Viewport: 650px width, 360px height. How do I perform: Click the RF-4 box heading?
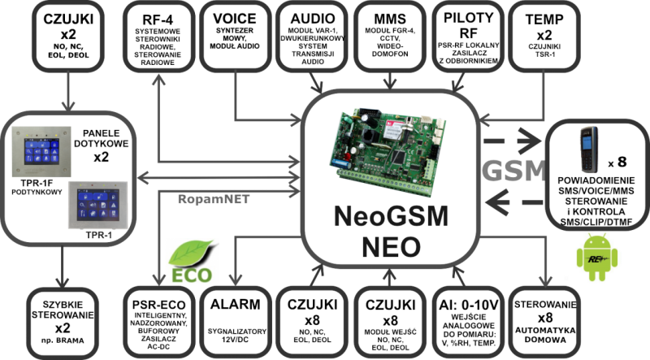(158, 20)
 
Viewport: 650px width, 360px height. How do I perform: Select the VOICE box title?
(235, 19)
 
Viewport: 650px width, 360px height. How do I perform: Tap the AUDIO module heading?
(313, 19)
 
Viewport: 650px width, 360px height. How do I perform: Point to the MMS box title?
(390, 19)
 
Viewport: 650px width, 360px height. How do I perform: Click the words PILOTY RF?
(469, 25)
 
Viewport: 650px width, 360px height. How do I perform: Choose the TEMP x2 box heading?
(544, 27)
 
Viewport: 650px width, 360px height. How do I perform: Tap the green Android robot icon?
(597, 257)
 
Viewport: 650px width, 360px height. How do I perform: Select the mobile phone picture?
(588, 150)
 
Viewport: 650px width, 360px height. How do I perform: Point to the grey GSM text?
(514, 171)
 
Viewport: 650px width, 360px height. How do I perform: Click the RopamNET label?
(214, 199)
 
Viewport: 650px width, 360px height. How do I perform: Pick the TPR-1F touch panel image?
(41, 152)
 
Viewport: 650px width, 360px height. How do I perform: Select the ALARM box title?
(235, 305)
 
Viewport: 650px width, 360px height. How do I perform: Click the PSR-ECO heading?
(158, 306)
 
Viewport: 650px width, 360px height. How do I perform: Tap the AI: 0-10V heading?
(469, 306)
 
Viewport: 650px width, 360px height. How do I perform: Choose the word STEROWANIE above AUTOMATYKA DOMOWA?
(545, 305)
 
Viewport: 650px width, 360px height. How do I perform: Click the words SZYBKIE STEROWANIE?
(63, 310)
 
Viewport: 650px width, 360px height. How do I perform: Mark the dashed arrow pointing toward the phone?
(513, 141)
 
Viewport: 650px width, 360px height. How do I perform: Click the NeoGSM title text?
(391, 215)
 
